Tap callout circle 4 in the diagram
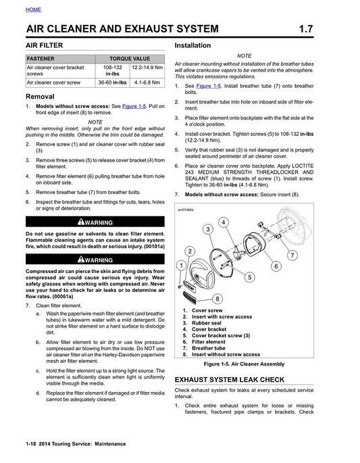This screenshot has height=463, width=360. tap(223, 222)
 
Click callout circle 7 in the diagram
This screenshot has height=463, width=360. tap(291, 255)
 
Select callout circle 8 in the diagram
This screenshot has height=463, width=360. tap(217, 298)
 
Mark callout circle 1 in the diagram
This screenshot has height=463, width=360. tap(181, 266)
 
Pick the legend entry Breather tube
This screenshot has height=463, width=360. tap(213, 348)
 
